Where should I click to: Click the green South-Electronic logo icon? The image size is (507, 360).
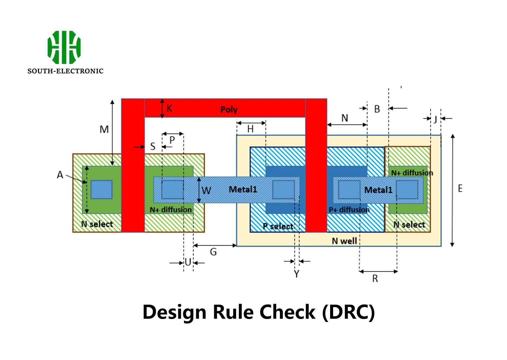pos(64,47)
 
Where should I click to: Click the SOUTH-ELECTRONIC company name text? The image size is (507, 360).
pos(65,71)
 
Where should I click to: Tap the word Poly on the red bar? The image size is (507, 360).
pos(229,110)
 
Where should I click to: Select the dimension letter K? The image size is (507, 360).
pos(169,108)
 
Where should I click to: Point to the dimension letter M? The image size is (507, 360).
pos(104,129)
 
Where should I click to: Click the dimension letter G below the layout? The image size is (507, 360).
pos(213,252)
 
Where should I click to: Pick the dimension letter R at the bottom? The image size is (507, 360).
pos(375,279)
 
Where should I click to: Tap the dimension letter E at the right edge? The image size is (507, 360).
pos(460,189)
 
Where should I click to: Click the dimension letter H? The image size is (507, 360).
pos(250,129)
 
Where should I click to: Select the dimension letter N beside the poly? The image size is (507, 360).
pos(344,118)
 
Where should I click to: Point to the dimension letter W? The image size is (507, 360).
pos(206,191)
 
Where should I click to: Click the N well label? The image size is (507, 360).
pos(344,241)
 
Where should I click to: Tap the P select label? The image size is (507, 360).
pos(278,226)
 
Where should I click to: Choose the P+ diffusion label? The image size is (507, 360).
pos(349,210)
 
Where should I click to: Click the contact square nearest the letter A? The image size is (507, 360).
pos(101,189)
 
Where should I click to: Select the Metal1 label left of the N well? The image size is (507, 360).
pos(243,189)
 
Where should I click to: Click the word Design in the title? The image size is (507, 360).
pos(174,312)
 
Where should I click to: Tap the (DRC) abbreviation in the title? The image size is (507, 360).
pos(348,312)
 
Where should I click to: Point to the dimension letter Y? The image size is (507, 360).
pos(296,274)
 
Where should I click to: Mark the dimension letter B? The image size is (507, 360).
pos(377,109)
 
